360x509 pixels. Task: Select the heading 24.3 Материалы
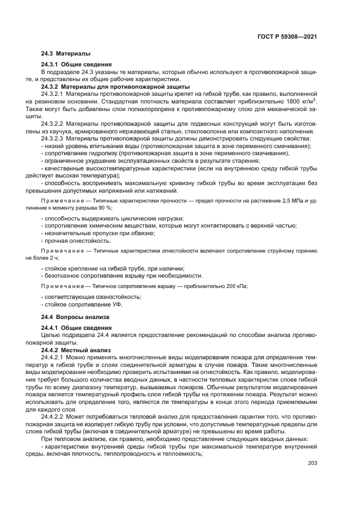click(65, 54)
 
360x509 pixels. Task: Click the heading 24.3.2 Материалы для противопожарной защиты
click(115, 87)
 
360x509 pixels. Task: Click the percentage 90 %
click(105, 208)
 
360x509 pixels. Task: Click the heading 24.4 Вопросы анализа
click(76, 317)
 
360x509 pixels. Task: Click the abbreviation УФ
click(117, 304)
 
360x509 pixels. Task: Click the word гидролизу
click(96, 154)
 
